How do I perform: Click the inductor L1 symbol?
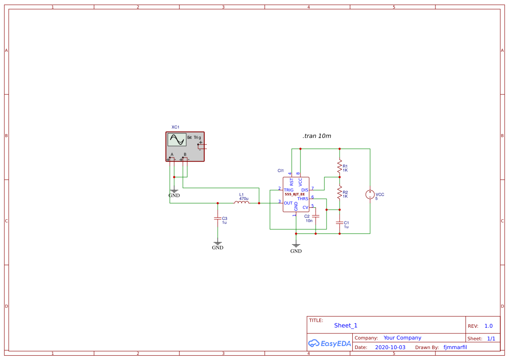pos(242,202)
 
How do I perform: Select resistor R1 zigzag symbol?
pos(340,165)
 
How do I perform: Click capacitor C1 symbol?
pos(340,222)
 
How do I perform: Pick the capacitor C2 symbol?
pos(316,216)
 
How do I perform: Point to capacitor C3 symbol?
pos(218,219)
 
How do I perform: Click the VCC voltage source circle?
pos(370,195)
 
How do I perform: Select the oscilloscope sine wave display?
pos(177,140)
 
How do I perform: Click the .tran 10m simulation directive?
pos(317,136)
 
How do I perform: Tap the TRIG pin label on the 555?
pos(289,190)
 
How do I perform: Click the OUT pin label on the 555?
pos(288,203)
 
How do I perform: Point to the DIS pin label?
pos(305,190)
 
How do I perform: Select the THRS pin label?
pos(303,199)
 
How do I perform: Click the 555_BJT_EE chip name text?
pos(295,194)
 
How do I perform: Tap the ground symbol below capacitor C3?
pos(218,244)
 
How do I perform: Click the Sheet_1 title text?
pos(346,326)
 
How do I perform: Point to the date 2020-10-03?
pos(390,347)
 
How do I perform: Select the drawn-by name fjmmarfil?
pos(455,347)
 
